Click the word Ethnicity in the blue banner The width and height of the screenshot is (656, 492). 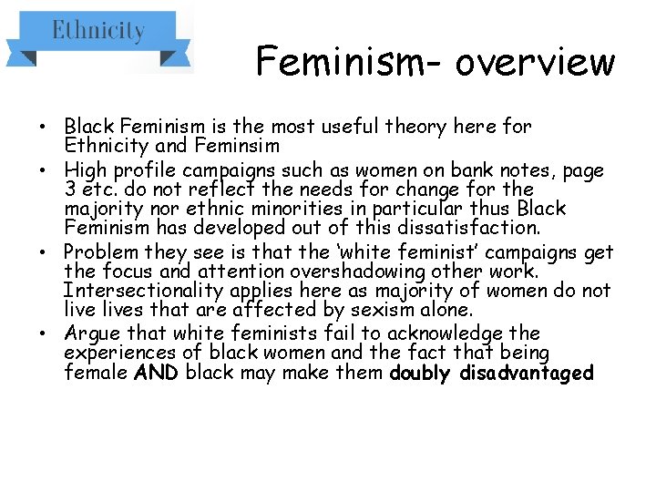(x=98, y=32)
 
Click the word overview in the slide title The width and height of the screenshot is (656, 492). (x=535, y=62)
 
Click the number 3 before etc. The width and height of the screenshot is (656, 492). (x=70, y=190)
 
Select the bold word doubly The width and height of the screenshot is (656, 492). (x=422, y=373)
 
